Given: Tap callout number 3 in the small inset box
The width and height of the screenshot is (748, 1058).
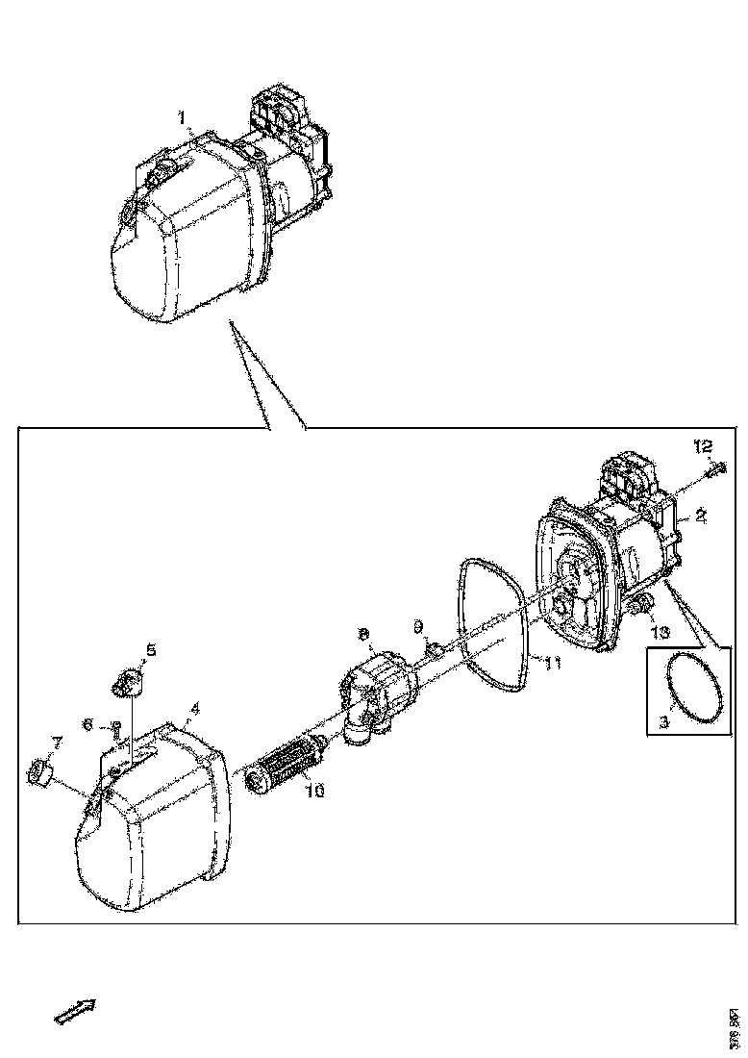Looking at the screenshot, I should [662, 721].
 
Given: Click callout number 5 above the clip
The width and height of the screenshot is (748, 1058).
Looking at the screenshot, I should [150, 649].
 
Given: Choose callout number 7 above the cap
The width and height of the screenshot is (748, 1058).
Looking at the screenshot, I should [56, 743].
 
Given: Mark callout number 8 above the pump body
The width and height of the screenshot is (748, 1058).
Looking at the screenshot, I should [362, 635].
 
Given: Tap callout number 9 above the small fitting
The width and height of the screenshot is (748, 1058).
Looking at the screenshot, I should [418, 627].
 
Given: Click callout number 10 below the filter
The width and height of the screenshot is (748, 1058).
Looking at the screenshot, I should [314, 791].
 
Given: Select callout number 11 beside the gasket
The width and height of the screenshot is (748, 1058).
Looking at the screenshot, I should [553, 663].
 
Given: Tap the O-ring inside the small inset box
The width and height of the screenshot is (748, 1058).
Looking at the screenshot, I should [691, 687].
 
